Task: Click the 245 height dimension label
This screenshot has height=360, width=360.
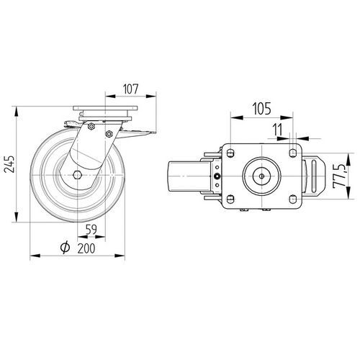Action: tap(10, 164)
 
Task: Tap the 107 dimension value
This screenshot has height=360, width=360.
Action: tap(131, 89)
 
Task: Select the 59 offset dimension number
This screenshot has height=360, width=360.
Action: tap(91, 230)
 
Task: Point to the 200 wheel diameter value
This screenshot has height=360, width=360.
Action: tap(86, 248)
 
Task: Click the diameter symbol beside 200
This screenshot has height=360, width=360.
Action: tap(65, 248)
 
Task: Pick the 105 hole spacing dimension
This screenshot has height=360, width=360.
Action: tap(261, 109)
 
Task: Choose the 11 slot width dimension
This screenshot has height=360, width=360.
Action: tap(278, 130)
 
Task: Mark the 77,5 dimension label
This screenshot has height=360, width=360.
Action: tap(338, 176)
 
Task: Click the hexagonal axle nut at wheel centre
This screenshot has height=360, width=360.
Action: tap(77, 175)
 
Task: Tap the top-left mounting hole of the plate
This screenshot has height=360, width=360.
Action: tap(230, 153)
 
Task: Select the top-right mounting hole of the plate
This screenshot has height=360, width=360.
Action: tap(292, 153)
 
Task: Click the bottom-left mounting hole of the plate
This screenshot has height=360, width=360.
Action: tap(230, 199)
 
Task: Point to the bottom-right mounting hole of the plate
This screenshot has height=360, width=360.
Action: tap(292, 199)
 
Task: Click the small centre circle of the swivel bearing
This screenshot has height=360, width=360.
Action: tap(262, 176)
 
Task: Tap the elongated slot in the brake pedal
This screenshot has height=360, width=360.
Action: tap(314, 176)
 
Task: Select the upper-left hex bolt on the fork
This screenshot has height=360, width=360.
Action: tap(91, 127)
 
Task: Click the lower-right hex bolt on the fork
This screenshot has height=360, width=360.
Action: tap(109, 134)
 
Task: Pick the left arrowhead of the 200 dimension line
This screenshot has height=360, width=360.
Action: tap(35, 256)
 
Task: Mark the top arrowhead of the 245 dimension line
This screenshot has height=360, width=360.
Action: tap(17, 112)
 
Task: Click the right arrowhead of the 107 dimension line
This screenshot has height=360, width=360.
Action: tap(151, 96)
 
